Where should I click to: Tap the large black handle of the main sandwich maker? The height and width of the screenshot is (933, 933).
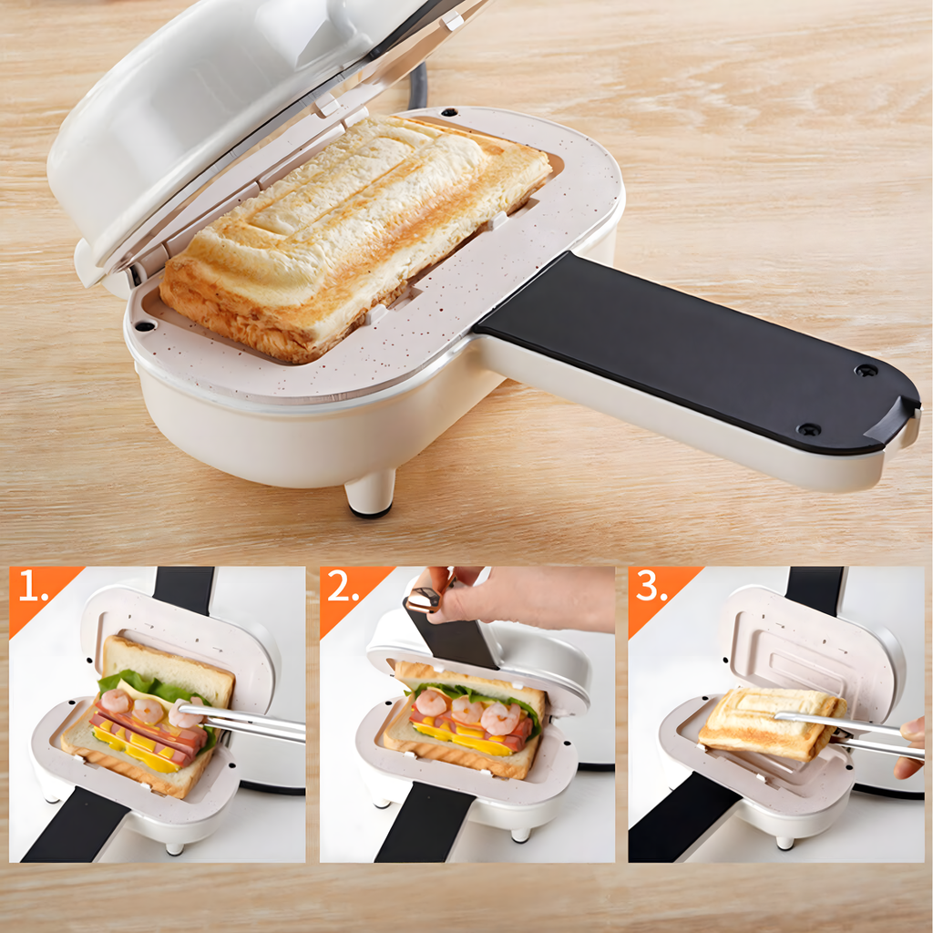[692, 351]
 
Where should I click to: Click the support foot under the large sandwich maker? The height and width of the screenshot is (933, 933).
[370, 493]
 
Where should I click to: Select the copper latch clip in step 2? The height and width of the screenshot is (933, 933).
[424, 600]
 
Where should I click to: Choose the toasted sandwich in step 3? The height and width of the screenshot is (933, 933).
[765, 724]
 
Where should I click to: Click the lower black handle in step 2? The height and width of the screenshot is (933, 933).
[424, 825]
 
